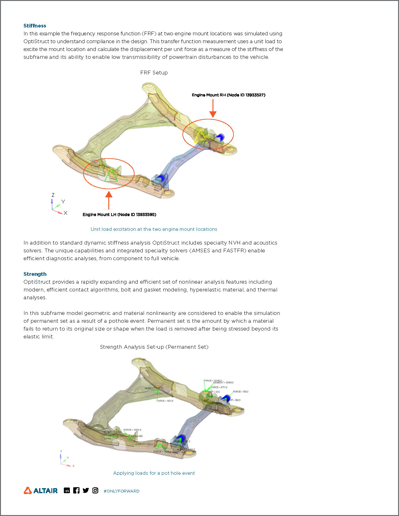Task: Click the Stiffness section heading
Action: [x=35, y=26]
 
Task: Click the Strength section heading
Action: [x=35, y=274]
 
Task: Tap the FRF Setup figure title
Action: [x=154, y=73]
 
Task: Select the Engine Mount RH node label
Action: [x=228, y=95]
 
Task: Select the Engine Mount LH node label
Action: [x=119, y=215]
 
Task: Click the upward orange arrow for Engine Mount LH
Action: [x=109, y=200]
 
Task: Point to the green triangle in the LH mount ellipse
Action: [x=110, y=176]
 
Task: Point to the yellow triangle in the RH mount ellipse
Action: [x=200, y=137]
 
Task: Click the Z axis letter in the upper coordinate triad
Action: [x=53, y=195]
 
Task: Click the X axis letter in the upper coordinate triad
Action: [x=65, y=213]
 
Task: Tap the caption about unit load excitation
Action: [x=154, y=229]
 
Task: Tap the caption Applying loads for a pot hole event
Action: [x=154, y=473]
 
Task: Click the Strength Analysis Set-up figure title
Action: [x=154, y=347]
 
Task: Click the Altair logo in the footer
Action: [x=41, y=491]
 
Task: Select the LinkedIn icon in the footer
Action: [x=67, y=490]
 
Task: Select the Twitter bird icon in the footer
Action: [x=86, y=490]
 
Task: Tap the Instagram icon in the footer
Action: [x=95, y=490]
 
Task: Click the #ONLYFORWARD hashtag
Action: [x=121, y=491]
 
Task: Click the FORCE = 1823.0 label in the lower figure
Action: [x=165, y=401]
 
